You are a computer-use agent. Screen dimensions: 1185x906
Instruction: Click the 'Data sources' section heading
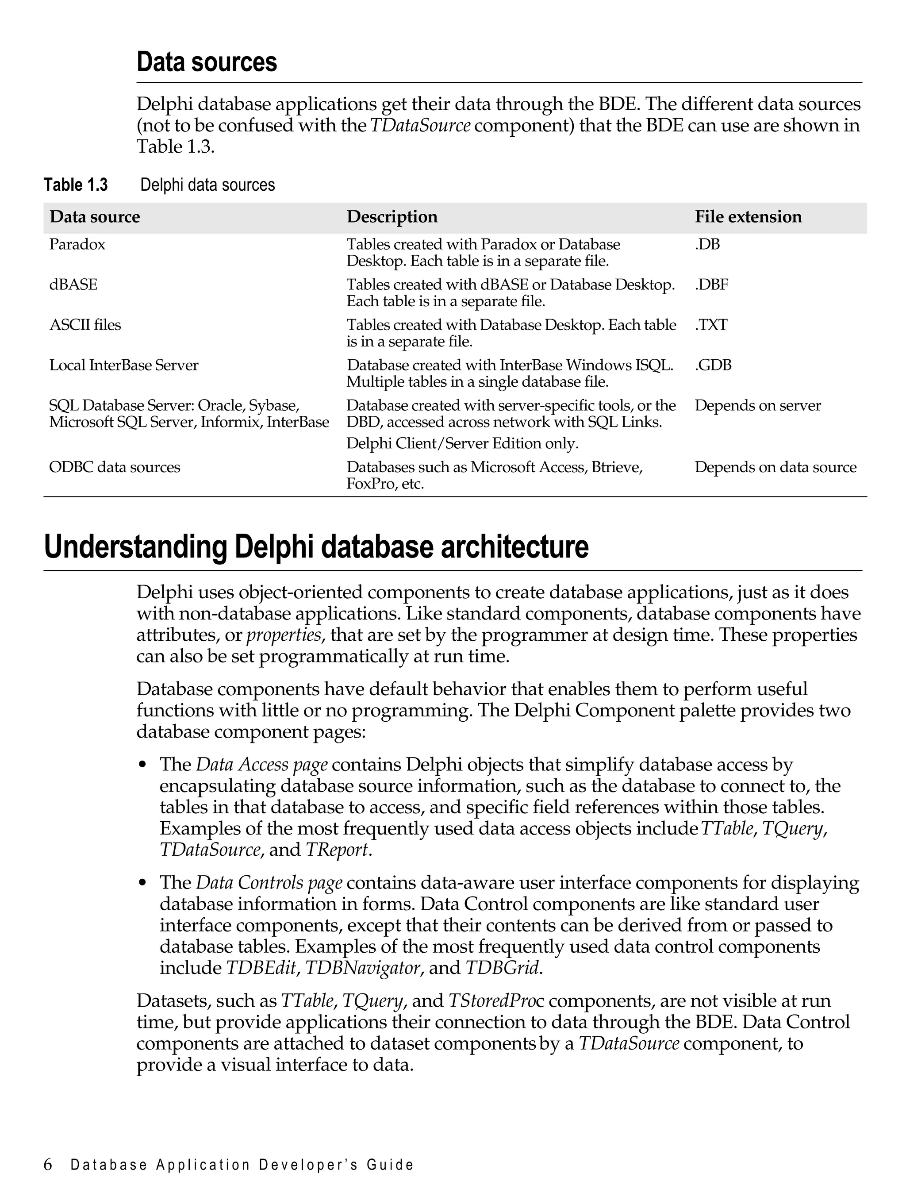click(x=207, y=62)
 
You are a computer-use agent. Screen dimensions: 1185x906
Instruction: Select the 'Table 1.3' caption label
click(x=76, y=185)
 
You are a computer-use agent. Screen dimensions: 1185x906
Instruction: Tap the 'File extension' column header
click(x=748, y=217)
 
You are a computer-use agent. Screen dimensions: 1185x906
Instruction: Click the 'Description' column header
click(x=392, y=217)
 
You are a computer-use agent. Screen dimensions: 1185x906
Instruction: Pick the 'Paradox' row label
click(x=77, y=244)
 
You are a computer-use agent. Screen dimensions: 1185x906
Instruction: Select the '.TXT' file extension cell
click(x=711, y=325)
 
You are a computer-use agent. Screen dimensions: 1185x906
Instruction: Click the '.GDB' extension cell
click(x=713, y=365)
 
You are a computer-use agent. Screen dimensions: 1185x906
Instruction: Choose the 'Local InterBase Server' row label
click(x=123, y=365)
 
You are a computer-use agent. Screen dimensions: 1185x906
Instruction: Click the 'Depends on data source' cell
click(x=775, y=467)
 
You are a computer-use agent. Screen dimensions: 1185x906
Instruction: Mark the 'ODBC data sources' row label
click(x=114, y=467)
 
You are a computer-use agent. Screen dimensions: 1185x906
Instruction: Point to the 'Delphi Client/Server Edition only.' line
click(x=462, y=443)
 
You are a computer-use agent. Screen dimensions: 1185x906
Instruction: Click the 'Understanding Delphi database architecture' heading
click(x=316, y=547)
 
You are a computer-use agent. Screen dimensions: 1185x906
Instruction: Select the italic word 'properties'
click(x=284, y=635)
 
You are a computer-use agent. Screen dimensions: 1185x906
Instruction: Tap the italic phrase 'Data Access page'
click(x=261, y=764)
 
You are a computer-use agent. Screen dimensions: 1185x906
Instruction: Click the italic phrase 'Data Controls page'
click(x=269, y=882)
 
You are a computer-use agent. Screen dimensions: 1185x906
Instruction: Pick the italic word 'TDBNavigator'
click(x=362, y=968)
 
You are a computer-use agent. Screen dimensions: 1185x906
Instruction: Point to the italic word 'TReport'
click(x=337, y=850)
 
